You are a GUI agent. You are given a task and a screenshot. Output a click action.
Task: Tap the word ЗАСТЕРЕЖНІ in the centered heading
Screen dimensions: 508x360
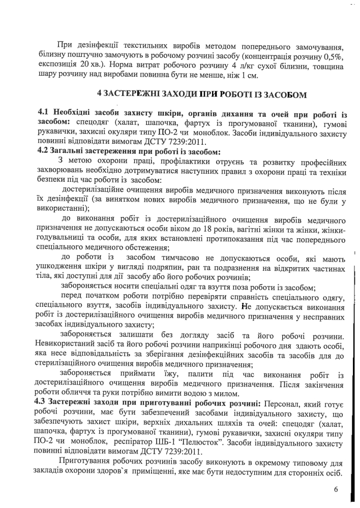(140, 94)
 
